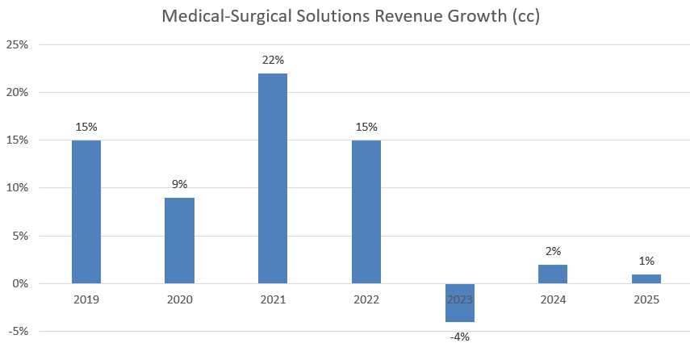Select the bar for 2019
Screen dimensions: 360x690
tap(86, 211)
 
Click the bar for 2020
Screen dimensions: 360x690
tap(179, 241)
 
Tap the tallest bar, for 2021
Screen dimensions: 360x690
tap(273, 178)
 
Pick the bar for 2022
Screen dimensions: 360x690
tap(366, 211)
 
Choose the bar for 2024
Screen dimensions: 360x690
tap(553, 274)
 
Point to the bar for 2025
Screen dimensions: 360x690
tap(646, 278)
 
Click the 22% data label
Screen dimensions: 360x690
tap(273, 60)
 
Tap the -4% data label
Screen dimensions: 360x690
tap(459, 336)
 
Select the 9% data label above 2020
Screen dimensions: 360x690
tap(179, 184)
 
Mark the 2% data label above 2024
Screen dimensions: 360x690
tap(553, 251)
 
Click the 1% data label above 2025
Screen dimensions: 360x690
tap(646, 261)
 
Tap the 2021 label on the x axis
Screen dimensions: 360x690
tap(273, 299)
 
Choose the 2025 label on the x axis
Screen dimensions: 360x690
tap(646, 299)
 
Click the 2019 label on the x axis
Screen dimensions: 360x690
tap(86, 299)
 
